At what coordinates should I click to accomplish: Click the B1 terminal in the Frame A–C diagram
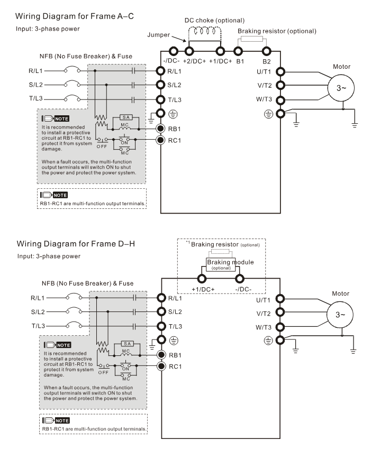239,52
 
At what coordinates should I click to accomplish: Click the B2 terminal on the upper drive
266,52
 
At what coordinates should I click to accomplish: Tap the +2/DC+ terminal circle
189,52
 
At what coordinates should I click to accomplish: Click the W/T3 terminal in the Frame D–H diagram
281,326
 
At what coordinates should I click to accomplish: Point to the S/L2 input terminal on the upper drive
161,85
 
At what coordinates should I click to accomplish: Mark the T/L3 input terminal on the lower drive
161,326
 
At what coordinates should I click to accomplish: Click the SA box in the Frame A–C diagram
126,117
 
